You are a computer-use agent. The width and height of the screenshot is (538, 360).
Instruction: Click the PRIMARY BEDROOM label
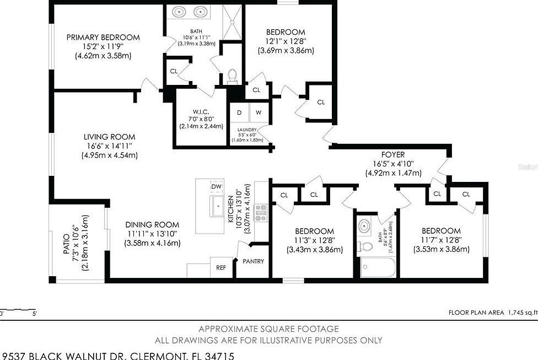(103, 37)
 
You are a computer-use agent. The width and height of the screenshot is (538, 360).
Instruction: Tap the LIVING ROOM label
(109, 137)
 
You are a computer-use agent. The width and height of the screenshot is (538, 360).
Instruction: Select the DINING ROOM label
(152, 224)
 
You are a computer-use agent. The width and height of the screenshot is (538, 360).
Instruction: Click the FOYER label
(393, 155)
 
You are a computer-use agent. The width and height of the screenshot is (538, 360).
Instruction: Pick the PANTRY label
(253, 261)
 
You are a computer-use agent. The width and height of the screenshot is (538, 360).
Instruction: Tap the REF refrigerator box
(221, 268)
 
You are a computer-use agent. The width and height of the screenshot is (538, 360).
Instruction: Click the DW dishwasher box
(217, 186)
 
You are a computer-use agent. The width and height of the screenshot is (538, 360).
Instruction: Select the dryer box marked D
(239, 112)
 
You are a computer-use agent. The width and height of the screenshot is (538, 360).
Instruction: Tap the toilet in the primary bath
(232, 75)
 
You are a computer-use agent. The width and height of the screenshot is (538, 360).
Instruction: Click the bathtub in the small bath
(378, 268)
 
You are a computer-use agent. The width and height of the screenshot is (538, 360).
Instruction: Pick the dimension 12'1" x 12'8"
(286, 41)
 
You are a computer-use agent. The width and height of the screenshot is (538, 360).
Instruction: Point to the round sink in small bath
(364, 225)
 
